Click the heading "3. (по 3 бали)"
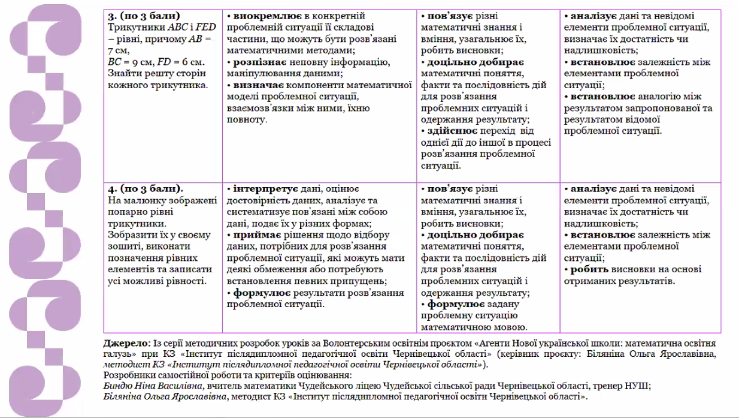(144, 16)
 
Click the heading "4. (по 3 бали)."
(146, 189)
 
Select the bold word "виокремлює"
(258, 16)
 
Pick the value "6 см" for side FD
(193, 62)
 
